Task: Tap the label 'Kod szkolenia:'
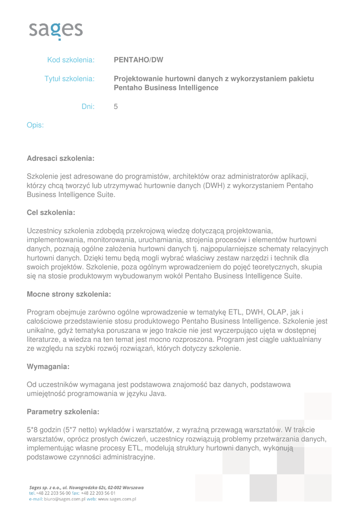[x=71, y=60]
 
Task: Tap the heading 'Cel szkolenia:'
[x=51, y=212]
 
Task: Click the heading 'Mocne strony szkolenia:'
[x=69, y=294]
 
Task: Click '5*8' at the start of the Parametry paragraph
[x=33, y=430]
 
